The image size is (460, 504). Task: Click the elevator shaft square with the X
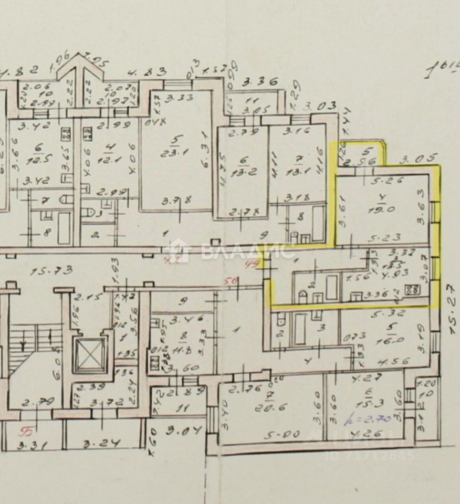pyautogui.click(x=90, y=355)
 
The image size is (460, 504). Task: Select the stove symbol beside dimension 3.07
pyautogui.click(x=414, y=289)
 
